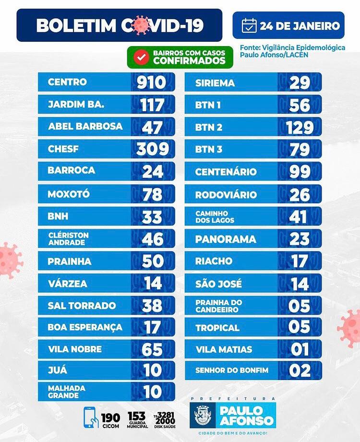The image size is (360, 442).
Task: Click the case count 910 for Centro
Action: (x=151, y=82)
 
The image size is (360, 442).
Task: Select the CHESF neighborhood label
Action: (x=63, y=149)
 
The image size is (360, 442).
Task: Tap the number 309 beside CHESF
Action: (x=152, y=149)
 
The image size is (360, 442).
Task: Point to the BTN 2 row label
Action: (x=209, y=127)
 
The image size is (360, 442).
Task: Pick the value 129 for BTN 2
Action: (x=299, y=127)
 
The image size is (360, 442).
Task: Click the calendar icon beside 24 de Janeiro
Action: (x=249, y=25)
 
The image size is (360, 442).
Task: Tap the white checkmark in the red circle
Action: (x=141, y=57)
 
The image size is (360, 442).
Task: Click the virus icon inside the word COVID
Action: (x=141, y=25)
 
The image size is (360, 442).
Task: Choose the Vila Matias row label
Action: (x=223, y=349)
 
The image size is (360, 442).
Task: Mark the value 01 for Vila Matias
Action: (x=300, y=349)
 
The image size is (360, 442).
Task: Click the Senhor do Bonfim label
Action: (x=232, y=370)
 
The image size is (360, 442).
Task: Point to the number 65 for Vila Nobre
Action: (x=152, y=349)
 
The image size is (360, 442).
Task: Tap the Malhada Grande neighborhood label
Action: (x=67, y=392)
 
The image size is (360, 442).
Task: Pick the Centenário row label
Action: (x=226, y=172)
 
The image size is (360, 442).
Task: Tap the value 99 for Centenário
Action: (x=300, y=172)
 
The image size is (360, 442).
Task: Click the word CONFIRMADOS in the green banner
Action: (x=189, y=61)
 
